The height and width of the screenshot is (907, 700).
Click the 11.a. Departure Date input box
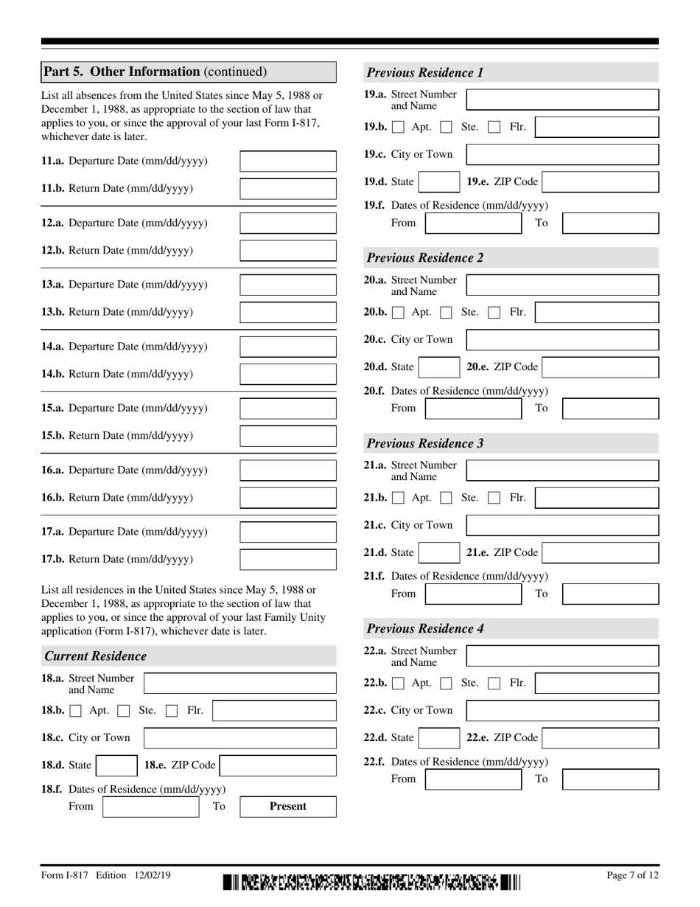click(288, 161)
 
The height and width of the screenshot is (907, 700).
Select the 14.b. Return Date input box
click(288, 374)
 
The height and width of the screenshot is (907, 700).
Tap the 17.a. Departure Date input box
click(288, 532)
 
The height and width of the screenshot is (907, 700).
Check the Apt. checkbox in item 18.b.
click(76, 711)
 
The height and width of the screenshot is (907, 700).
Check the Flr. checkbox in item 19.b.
click(495, 127)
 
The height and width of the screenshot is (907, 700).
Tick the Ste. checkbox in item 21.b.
click(446, 498)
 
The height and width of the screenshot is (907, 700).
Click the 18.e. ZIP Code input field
click(278, 765)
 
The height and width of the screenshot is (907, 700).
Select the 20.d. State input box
click(440, 366)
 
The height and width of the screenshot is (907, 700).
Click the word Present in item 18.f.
click(288, 806)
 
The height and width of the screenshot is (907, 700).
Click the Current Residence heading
click(96, 656)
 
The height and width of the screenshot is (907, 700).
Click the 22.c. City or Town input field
click(562, 710)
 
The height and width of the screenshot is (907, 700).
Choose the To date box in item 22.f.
click(610, 779)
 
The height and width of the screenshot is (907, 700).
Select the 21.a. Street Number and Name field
click(562, 470)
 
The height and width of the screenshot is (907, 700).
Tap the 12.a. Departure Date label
click(124, 223)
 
